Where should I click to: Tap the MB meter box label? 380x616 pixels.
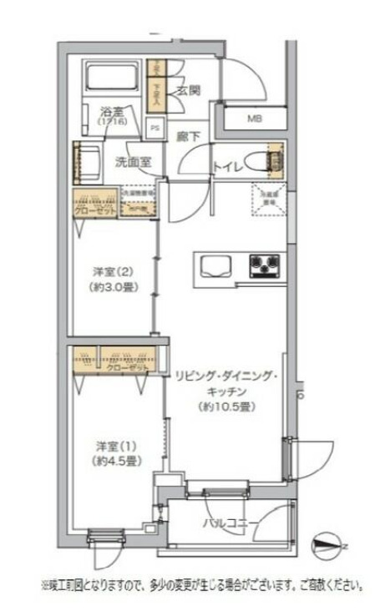pos(254,118)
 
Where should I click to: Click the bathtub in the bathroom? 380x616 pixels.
pos(112,80)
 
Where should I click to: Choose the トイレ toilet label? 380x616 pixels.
pos(230,165)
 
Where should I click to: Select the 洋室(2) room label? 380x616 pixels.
pos(113,271)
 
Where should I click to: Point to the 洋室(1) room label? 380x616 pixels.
pos(111,444)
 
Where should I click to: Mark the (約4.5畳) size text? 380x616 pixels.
pos(111,461)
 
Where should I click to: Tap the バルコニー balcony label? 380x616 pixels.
pos(230,523)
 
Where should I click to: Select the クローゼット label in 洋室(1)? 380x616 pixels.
pos(129,366)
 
